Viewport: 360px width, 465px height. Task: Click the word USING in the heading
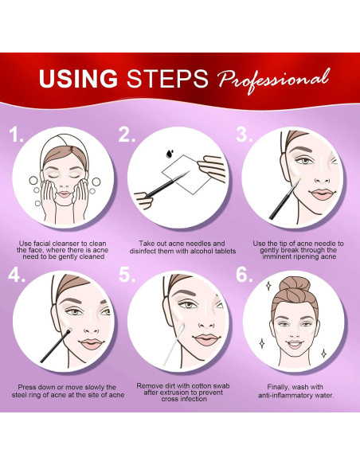point(78,78)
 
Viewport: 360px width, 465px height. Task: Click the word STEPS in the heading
point(167,78)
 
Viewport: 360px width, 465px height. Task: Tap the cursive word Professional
point(273,80)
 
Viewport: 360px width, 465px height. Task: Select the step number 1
point(16,135)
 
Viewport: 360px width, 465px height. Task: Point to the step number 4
point(16,275)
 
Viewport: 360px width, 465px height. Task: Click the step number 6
point(245,275)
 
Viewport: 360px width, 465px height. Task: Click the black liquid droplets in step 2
point(170,154)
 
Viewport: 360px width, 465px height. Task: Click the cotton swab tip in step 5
point(181,328)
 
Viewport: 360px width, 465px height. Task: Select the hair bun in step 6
point(295,284)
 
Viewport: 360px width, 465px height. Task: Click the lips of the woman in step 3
point(322,194)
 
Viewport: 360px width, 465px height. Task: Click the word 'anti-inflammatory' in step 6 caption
point(284,395)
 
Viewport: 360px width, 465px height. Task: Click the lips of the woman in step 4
point(92,344)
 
